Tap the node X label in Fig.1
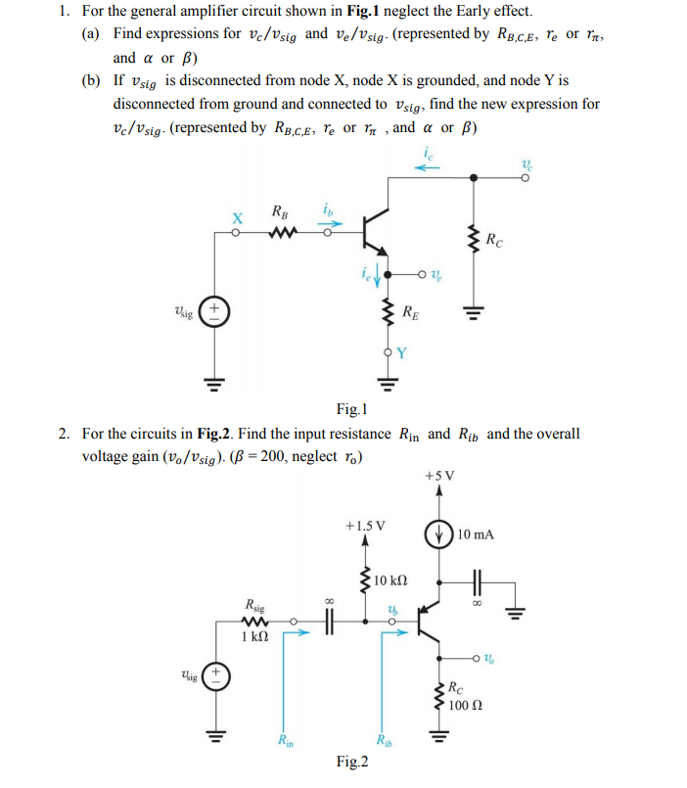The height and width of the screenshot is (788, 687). coord(236,216)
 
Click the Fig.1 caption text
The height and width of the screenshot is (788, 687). coord(350,408)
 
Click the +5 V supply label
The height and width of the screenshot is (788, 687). coord(439,477)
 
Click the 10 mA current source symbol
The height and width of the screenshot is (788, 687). coord(438,534)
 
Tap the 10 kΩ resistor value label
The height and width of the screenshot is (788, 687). coord(391,581)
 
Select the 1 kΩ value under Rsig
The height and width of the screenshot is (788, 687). coord(254,636)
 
